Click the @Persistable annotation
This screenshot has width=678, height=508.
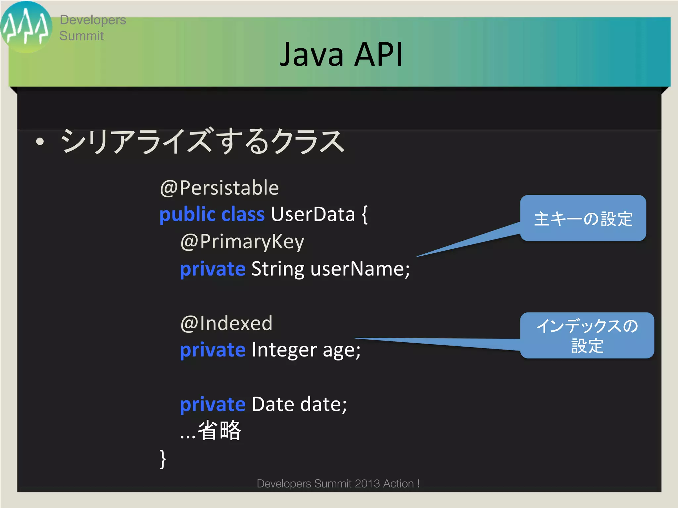219,188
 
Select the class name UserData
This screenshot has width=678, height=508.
313,214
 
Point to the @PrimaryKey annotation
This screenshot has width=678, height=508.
242,241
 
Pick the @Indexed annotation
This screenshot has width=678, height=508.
226,323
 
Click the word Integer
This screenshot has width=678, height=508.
284,350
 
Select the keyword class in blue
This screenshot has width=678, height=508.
243,214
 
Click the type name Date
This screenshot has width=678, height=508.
273,404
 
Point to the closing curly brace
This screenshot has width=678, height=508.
163,459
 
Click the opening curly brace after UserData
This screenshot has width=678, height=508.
364,215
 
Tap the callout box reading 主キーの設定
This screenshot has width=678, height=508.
583,218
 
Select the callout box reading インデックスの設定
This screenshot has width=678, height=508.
587,335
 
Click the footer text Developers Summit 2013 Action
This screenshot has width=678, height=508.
338,484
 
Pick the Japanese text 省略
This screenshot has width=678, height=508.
219,431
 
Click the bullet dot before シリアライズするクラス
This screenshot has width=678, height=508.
40,142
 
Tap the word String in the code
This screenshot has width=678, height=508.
277,269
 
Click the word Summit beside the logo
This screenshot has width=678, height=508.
81,36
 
